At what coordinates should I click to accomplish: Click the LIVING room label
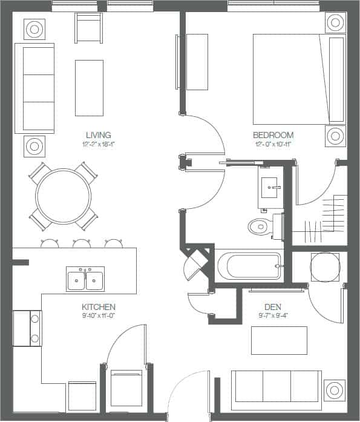click(98, 134)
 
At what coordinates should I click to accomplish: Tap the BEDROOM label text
click(273, 134)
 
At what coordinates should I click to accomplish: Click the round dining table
click(64, 196)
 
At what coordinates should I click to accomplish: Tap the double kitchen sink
click(85, 279)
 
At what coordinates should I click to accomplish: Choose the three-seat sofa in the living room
click(34, 88)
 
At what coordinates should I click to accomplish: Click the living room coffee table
click(89, 88)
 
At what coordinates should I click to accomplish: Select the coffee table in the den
click(279, 340)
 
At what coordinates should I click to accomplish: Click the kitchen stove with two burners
click(27, 328)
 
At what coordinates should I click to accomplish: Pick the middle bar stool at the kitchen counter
click(82, 243)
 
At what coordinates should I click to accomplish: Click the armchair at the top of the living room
click(89, 28)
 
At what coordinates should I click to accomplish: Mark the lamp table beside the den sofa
click(335, 390)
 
